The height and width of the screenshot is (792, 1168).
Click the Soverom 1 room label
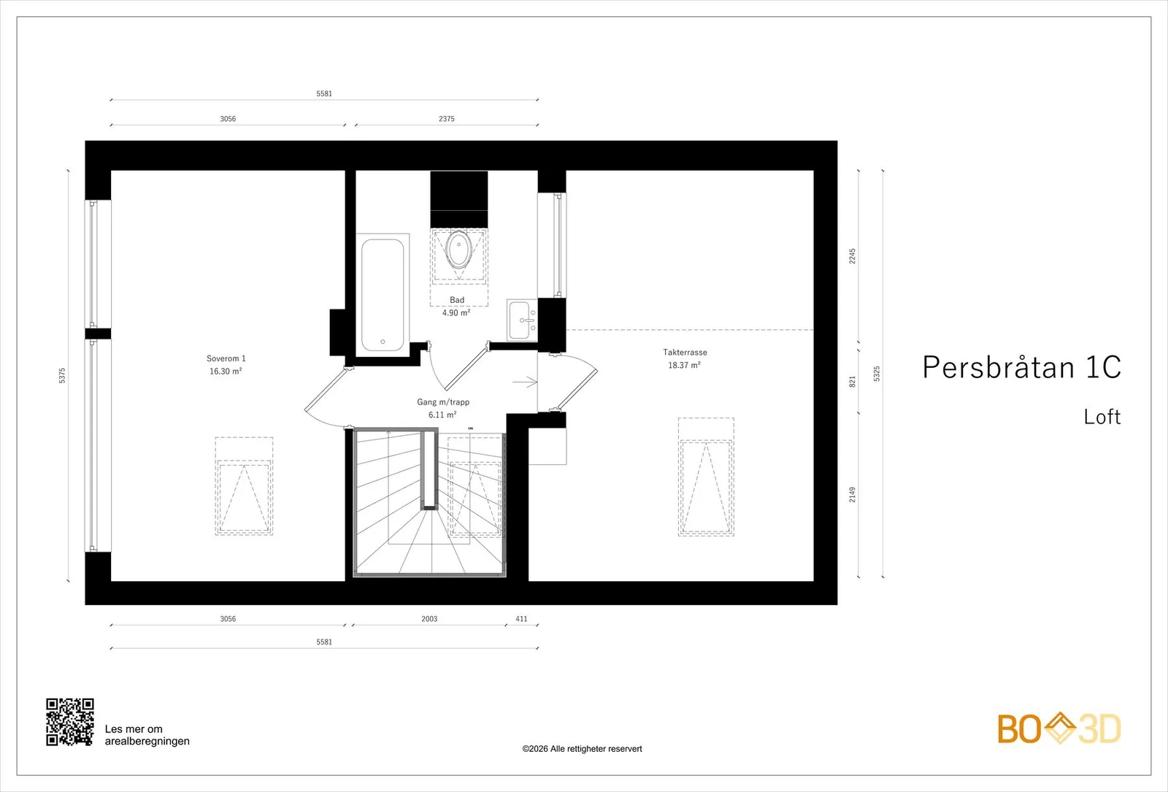[x=226, y=358]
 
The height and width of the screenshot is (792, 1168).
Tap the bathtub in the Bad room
[x=383, y=295]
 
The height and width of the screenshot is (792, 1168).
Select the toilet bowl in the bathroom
[x=459, y=249]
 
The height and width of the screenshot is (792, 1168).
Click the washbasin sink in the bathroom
[x=522, y=320]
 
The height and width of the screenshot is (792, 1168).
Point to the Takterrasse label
[x=685, y=352]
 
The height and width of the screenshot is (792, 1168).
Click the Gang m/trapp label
[x=442, y=402]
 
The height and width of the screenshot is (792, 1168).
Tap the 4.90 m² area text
[x=456, y=313]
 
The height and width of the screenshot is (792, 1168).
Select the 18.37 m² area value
[x=684, y=365]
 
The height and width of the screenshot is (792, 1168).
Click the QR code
[x=70, y=722]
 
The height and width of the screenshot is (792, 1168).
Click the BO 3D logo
[x=1059, y=728]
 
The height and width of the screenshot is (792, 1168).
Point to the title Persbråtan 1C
[x=1021, y=367]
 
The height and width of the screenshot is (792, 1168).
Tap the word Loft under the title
[x=1102, y=417]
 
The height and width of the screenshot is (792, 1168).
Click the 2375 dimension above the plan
[x=446, y=119]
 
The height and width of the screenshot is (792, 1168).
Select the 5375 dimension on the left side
[x=62, y=375]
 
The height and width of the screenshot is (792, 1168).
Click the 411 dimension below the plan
[x=521, y=619]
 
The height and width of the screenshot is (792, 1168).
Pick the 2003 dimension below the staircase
[x=429, y=619]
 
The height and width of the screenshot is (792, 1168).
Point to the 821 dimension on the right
[x=853, y=382]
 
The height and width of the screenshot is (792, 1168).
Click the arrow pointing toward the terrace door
[x=525, y=382]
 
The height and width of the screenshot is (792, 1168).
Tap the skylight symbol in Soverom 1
[x=244, y=486]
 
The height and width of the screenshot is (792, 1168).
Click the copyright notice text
[x=582, y=749]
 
